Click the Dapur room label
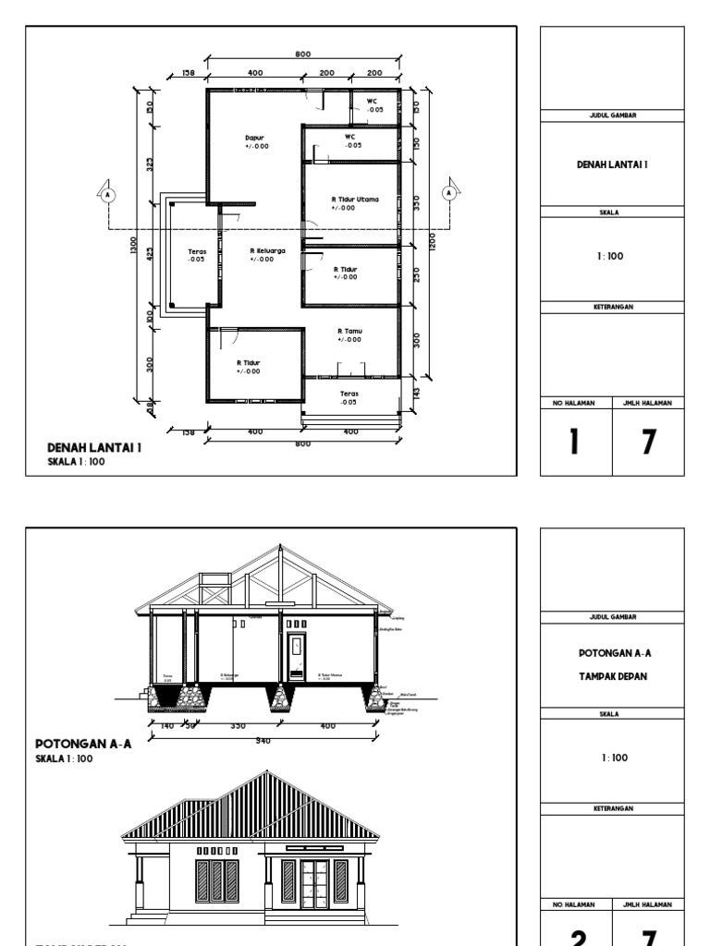254,138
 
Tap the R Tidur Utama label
355,199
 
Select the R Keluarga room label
267,249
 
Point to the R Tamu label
349,331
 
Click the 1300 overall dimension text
135,246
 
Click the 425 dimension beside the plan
150,253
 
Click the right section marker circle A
449,193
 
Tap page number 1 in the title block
574,443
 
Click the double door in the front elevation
315,882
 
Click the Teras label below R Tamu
349,394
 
